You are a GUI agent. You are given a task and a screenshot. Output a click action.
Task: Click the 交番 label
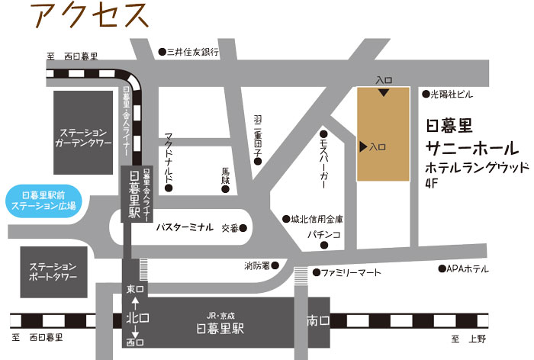pyautogui.click(x=230, y=227)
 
